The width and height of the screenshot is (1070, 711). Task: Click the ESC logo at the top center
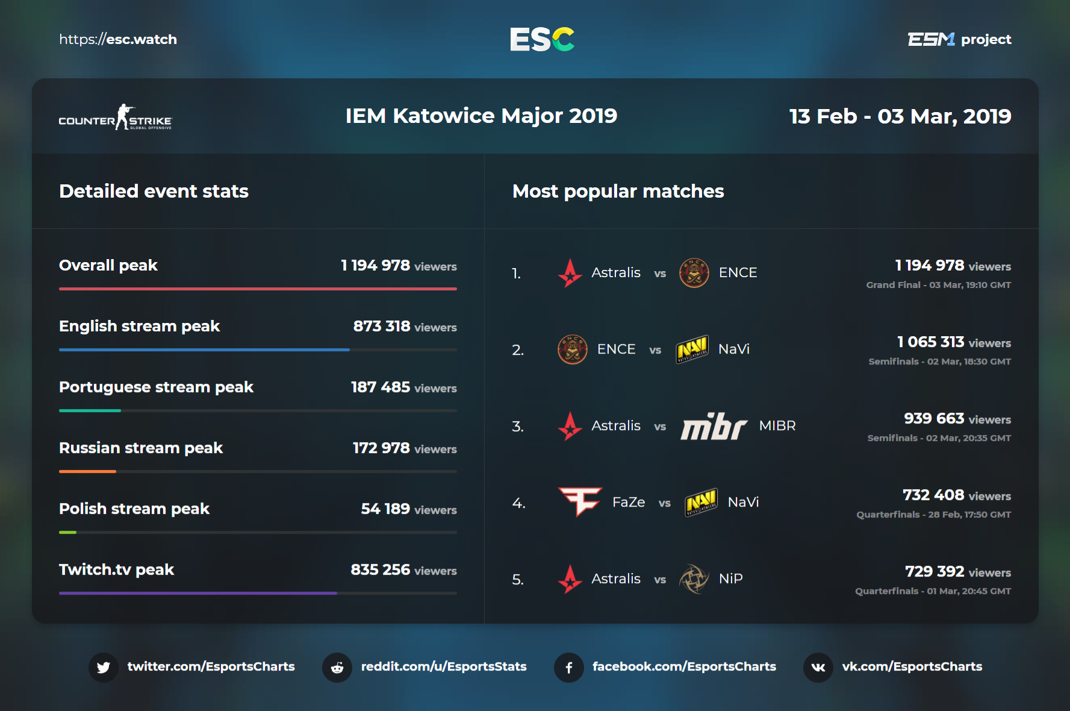tap(542, 40)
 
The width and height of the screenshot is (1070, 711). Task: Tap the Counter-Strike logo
tap(115, 117)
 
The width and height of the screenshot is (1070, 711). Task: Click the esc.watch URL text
tap(118, 40)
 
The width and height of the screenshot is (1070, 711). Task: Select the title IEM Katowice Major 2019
tap(481, 116)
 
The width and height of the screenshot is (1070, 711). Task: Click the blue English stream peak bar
tap(204, 349)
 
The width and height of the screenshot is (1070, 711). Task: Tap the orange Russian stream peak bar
tap(87, 471)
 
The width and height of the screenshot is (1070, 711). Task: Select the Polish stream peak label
tap(134, 509)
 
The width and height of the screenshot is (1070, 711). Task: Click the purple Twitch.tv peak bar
tap(198, 593)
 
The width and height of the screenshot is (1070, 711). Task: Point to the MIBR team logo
tap(714, 426)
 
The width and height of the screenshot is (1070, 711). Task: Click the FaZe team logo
tap(580, 501)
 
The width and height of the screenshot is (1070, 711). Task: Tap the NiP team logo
tap(694, 579)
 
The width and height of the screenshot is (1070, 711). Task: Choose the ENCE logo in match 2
tap(572, 349)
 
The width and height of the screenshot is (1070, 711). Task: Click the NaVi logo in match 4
tap(701, 502)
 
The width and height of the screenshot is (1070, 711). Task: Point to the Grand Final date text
tap(938, 285)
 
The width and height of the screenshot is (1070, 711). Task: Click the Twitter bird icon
tap(104, 667)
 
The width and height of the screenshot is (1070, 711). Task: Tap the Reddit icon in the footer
tap(337, 667)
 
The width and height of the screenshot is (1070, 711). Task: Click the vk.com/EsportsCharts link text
tap(912, 666)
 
